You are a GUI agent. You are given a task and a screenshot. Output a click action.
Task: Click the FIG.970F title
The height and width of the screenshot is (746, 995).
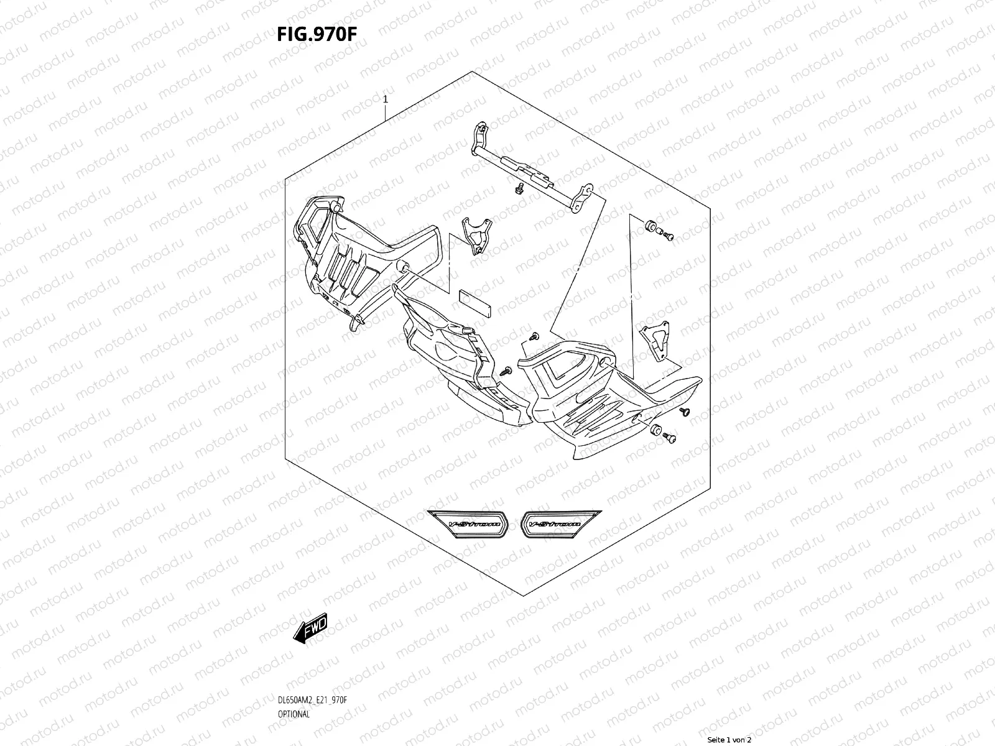click(317, 35)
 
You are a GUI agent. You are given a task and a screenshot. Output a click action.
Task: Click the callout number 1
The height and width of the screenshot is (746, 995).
click(386, 99)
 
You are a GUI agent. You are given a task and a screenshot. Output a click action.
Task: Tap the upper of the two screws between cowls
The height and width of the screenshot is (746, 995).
click(533, 336)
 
